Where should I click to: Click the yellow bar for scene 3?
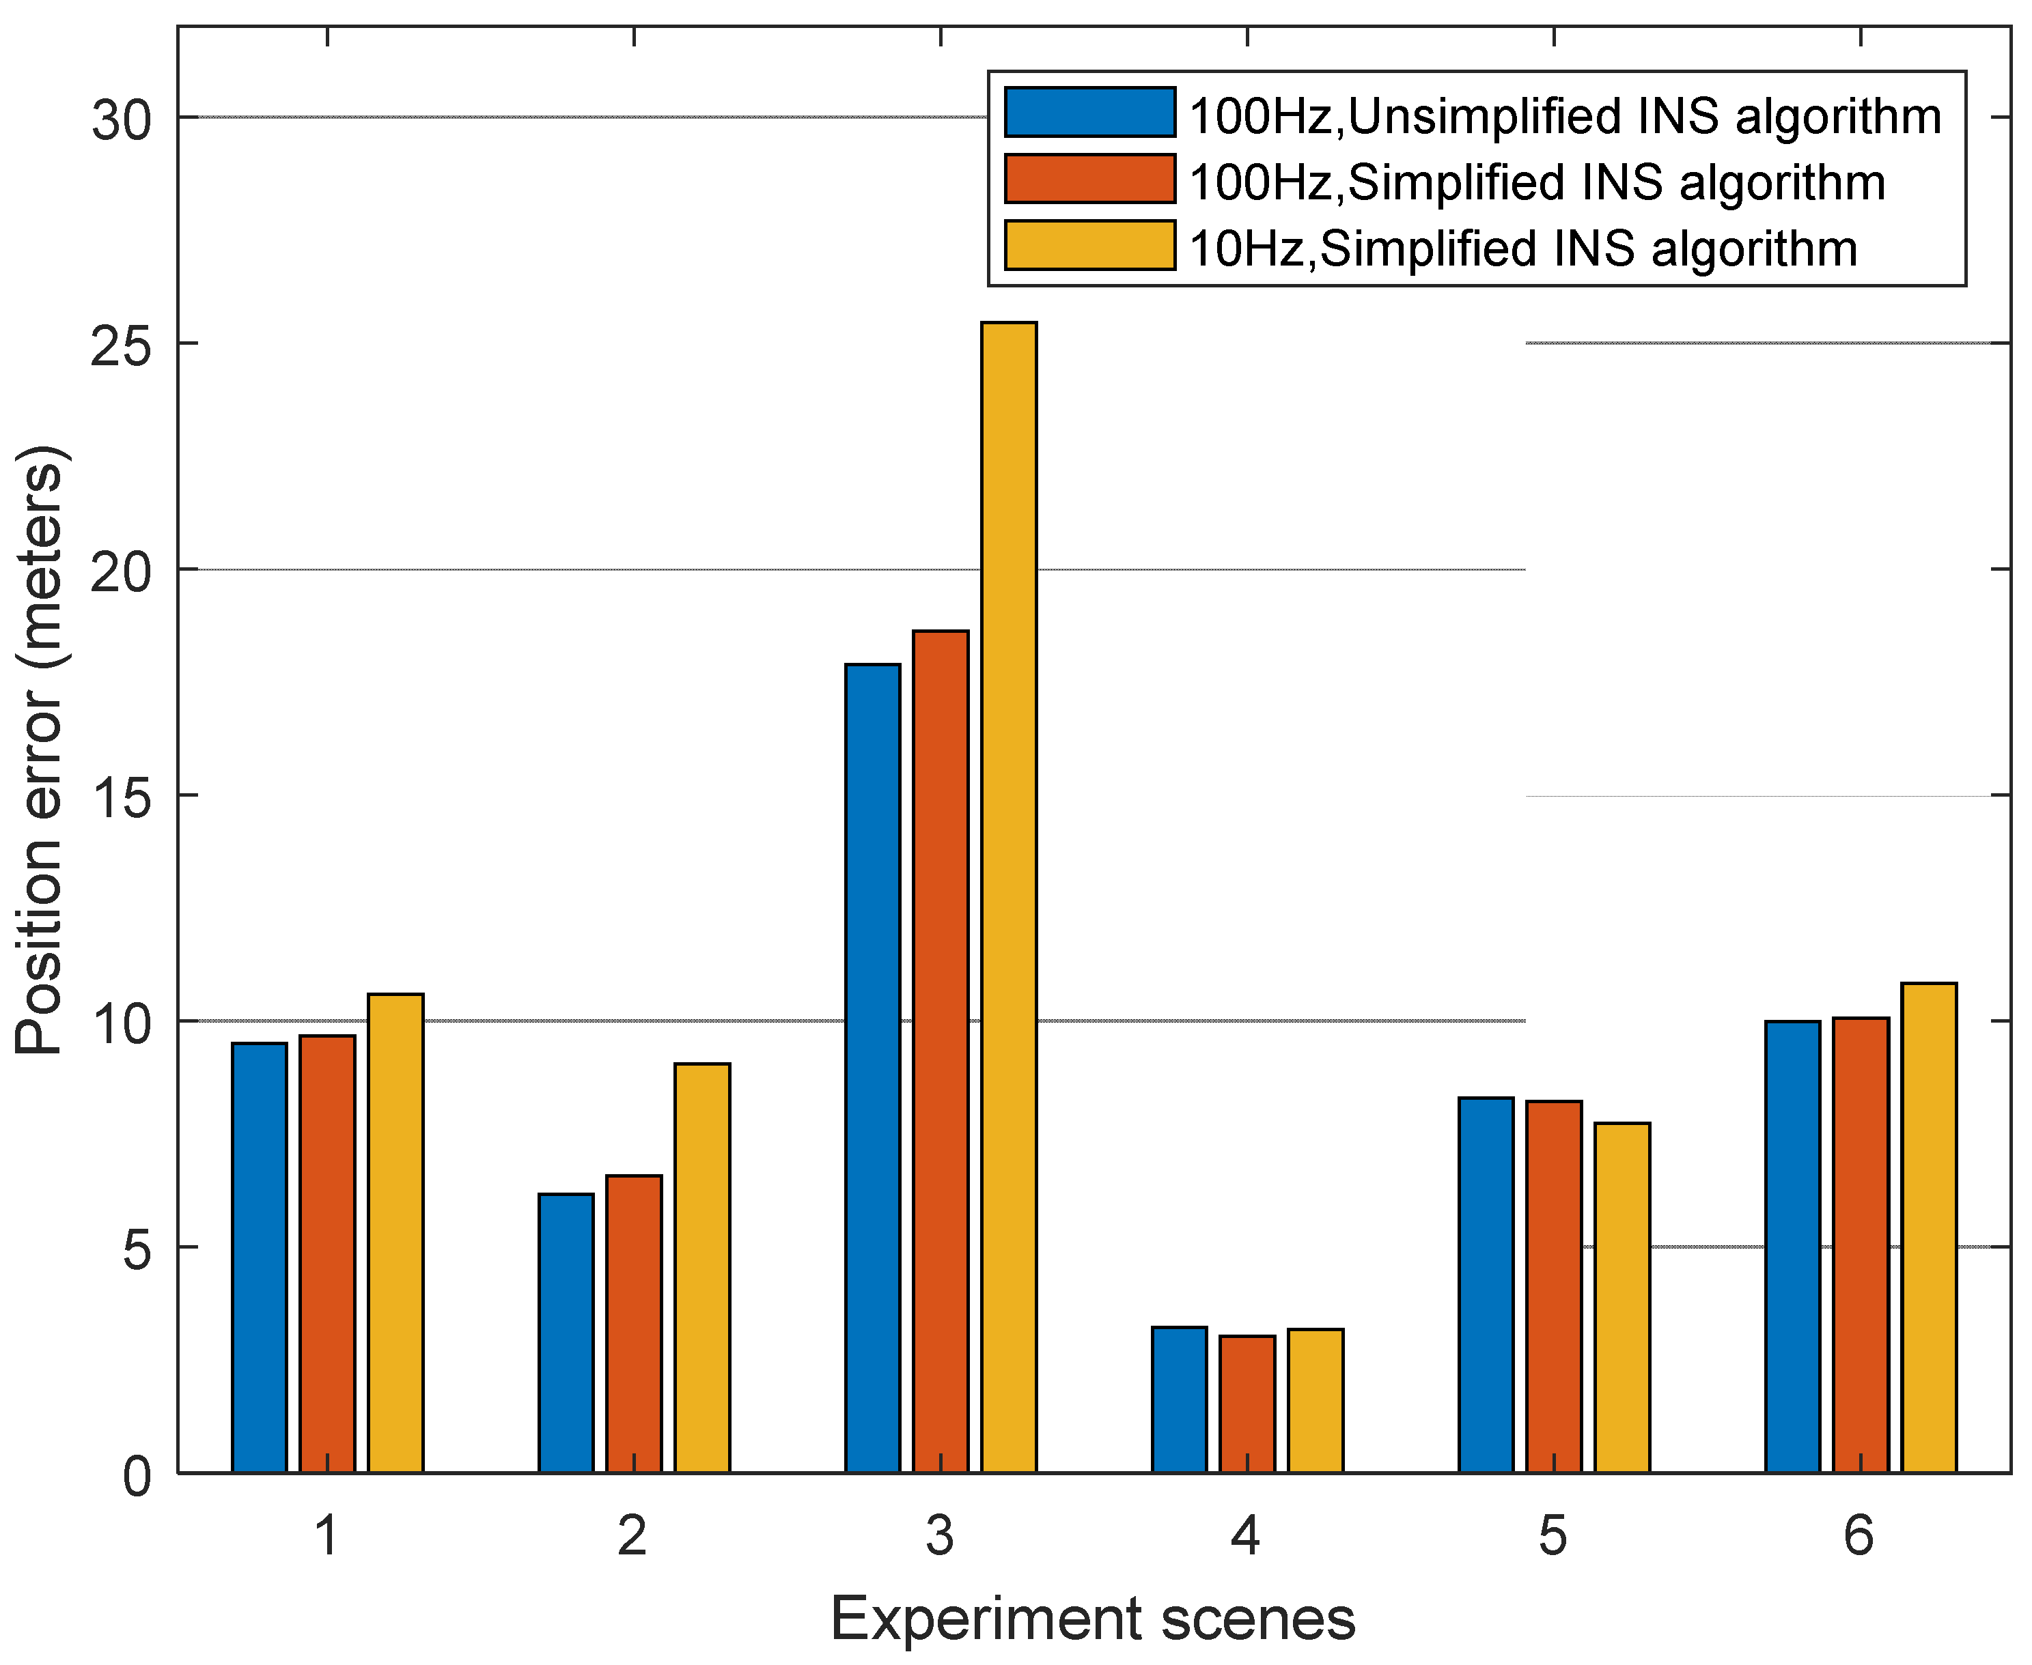(x=1008, y=897)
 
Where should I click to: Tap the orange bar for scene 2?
(x=633, y=1324)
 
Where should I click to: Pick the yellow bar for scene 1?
(x=395, y=1232)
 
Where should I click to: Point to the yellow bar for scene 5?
(x=1622, y=1296)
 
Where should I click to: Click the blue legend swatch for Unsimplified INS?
(x=1090, y=112)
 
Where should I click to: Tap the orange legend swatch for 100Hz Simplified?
(x=1090, y=178)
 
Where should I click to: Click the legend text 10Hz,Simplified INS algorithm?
(x=1522, y=248)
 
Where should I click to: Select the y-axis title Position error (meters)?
(x=40, y=750)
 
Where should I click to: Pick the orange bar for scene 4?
(x=1247, y=1403)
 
